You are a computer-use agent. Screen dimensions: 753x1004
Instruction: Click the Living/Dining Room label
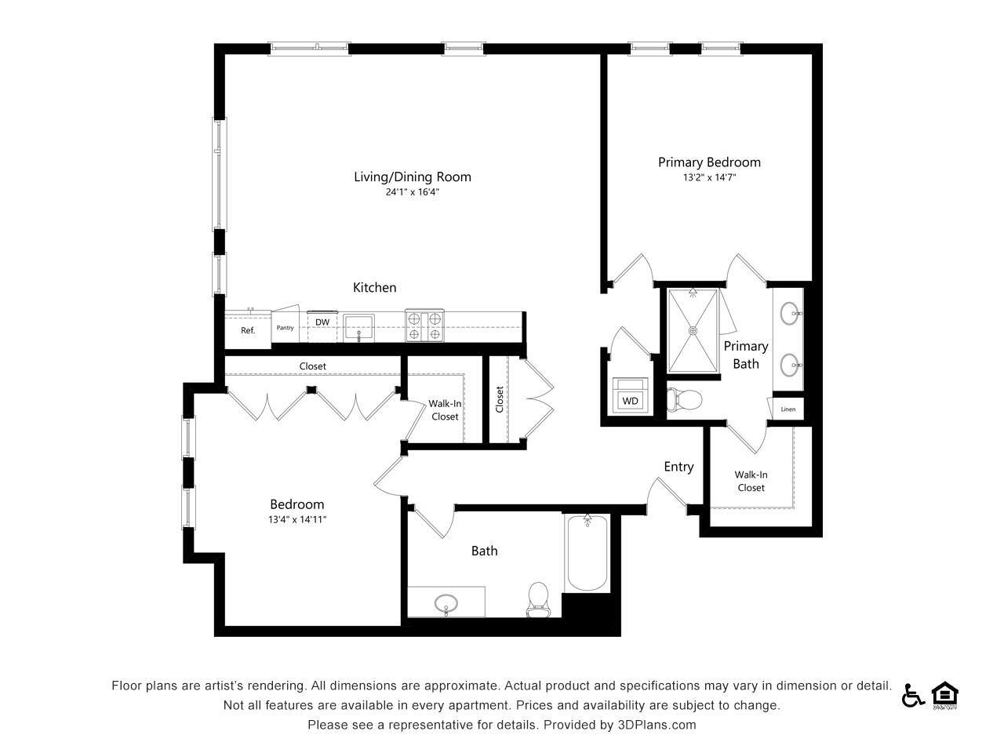pyautogui.click(x=413, y=176)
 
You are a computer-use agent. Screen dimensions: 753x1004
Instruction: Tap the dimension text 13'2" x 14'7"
pyautogui.click(x=709, y=178)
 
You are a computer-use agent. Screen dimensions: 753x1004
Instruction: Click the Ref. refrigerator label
pyautogui.click(x=248, y=330)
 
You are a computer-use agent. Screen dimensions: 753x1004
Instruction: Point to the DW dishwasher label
pyautogui.click(x=322, y=322)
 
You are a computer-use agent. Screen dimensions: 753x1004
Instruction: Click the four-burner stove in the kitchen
pyautogui.click(x=424, y=326)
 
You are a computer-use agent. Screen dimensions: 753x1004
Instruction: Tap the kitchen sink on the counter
pyautogui.click(x=359, y=326)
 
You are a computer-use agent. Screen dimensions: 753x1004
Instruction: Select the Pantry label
pyautogui.click(x=285, y=328)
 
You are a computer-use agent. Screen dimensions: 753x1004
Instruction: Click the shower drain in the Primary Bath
pyautogui.click(x=693, y=331)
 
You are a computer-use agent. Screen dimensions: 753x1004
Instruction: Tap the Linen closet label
pyautogui.click(x=788, y=409)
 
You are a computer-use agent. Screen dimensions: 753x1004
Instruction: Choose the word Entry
pyautogui.click(x=678, y=467)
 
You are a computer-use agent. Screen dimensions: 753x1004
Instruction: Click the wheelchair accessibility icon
pyautogui.click(x=912, y=695)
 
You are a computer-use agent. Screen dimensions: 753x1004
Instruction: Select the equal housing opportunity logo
pyautogui.click(x=945, y=695)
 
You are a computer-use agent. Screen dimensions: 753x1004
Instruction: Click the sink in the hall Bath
pyautogui.click(x=446, y=603)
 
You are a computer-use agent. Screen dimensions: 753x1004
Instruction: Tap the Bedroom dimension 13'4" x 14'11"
pyautogui.click(x=297, y=519)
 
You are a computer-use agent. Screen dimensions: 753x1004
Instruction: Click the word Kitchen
pyautogui.click(x=374, y=288)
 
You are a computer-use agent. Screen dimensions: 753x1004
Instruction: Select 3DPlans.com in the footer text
pyautogui.click(x=657, y=725)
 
